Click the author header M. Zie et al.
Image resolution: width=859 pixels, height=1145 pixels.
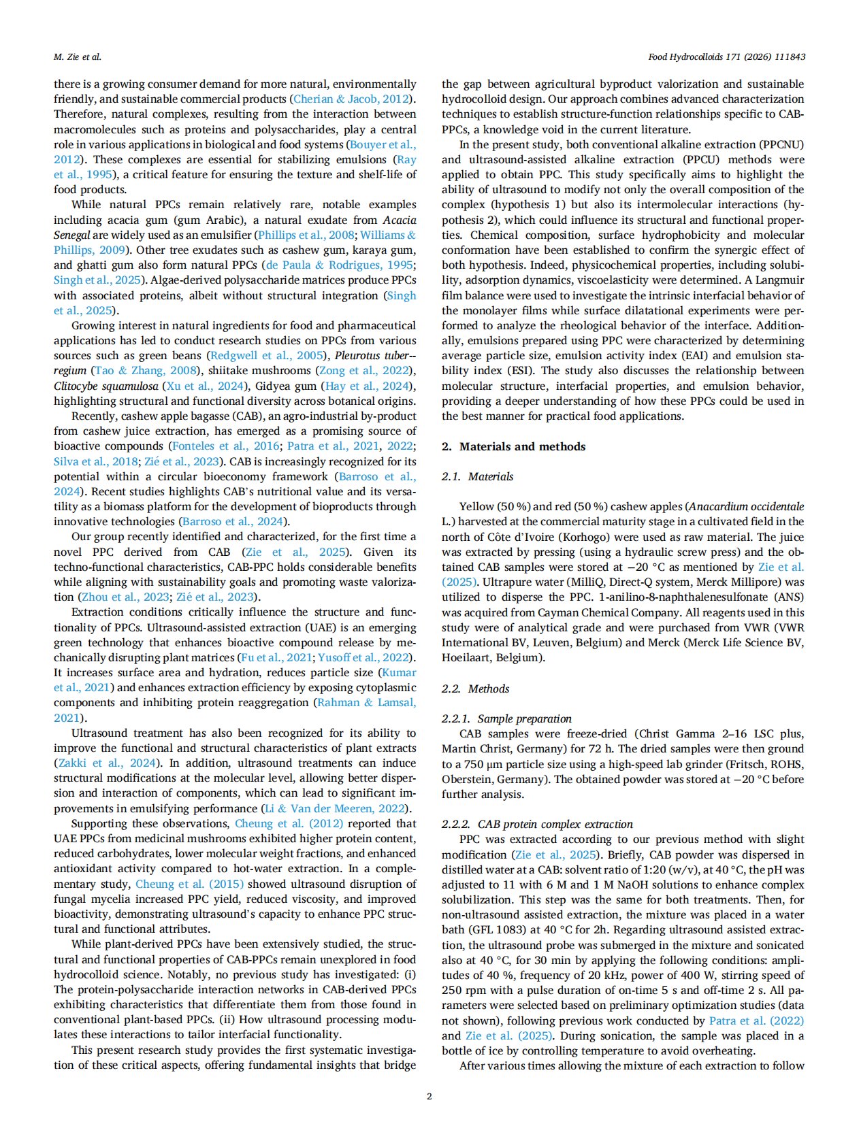[78, 56]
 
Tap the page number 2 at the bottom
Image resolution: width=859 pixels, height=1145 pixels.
[429, 1095]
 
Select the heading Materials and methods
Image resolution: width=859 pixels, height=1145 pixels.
[522, 446]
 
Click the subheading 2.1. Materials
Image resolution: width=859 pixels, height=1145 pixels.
[477, 476]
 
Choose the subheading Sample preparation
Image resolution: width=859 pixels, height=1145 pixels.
[524, 718]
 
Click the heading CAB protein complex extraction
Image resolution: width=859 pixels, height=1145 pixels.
[555, 824]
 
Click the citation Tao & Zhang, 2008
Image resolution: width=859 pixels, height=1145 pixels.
[144, 371]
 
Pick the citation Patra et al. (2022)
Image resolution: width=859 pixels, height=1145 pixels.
[756, 1020]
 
